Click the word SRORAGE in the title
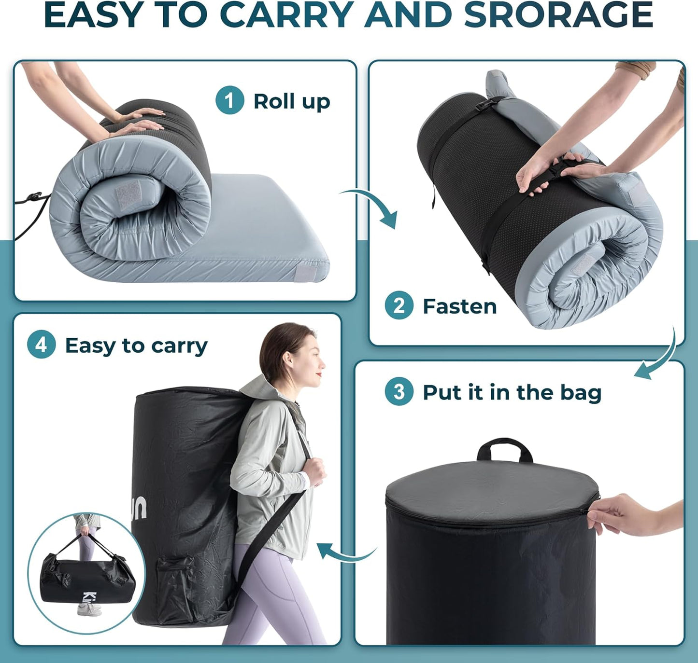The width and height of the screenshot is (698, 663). (558, 15)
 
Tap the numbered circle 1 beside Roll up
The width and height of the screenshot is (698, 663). (229, 100)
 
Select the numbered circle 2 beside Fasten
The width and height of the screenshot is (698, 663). (399, 305)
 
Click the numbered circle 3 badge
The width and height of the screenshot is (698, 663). (399, 392)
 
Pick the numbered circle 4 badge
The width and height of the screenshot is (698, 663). (41, 345)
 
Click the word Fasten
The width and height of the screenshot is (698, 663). (459, 306)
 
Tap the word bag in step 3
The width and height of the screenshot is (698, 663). (581, 393)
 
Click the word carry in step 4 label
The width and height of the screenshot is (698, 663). (179, 345)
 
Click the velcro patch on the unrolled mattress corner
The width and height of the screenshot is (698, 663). (305, 273)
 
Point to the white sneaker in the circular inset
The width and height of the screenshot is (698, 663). (89, 610)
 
